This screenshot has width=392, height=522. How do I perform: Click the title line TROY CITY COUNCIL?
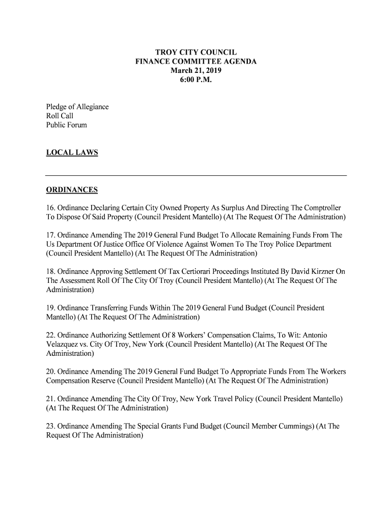coord(196,53)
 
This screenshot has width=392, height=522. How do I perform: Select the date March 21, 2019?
coord(196,71)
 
